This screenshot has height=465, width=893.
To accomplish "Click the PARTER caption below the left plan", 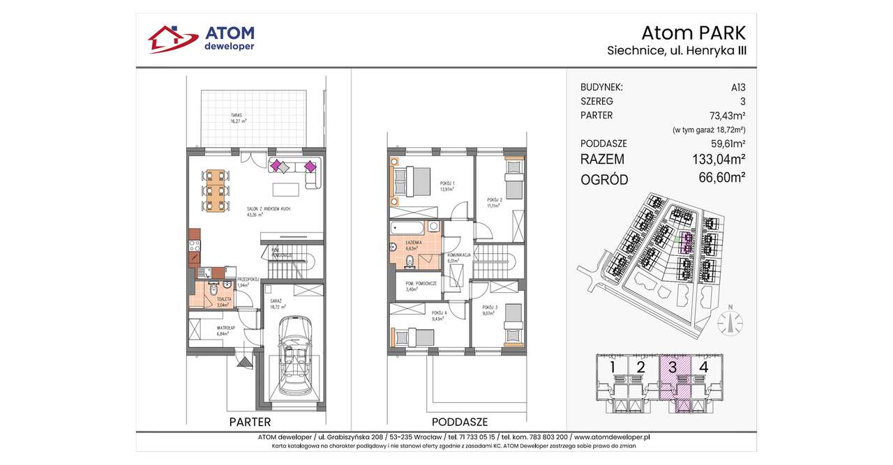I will point(250,422).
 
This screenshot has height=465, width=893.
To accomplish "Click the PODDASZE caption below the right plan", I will point(459,422).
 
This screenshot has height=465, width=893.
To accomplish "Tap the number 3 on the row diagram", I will point(673,367).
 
